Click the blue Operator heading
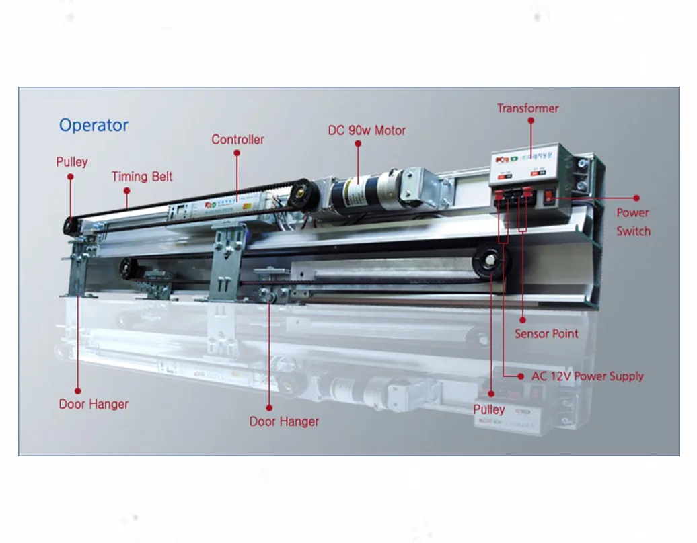[94, 126]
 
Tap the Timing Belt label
[142, 177]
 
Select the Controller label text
[237, 140]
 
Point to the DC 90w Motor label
[367, 130]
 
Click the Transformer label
[527, 108]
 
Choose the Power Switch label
[633, 222]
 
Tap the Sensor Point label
[546, 334]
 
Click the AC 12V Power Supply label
[587, 376]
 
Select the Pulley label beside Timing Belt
[71, 162]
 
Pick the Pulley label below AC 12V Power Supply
[489, 409]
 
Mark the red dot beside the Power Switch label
[636, 198]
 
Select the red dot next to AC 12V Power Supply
[520, 376]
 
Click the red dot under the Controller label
[237, 153]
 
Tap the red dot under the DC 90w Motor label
[358, 144]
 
